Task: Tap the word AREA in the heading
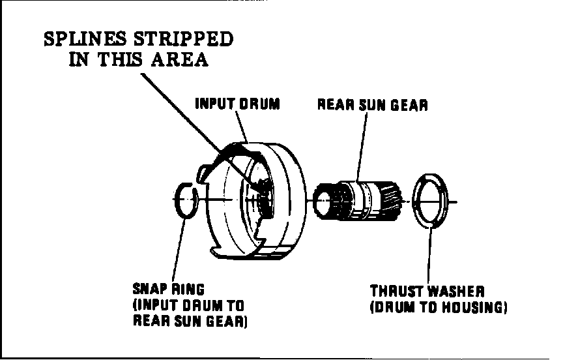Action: coord(180,59)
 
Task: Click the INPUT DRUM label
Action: coord(237,104)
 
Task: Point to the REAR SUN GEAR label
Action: coord(373,105)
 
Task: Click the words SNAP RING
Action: coord(169,289)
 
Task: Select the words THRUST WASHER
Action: coord(427,291)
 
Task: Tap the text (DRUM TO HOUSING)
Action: coord(439,308)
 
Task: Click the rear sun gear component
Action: coord(359,200)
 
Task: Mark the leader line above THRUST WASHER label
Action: coord(429,255)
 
